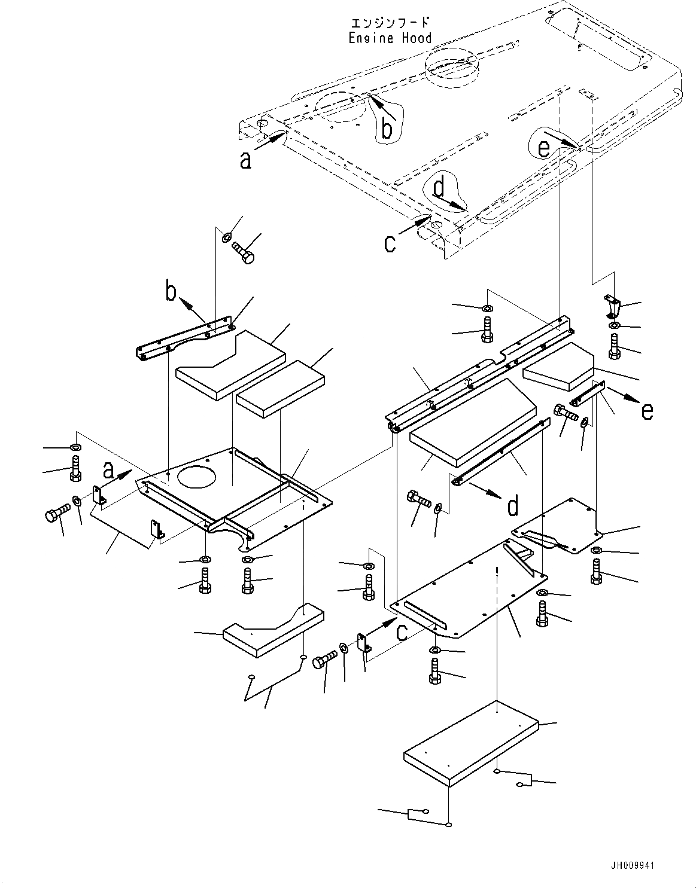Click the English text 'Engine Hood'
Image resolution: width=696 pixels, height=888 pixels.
390,38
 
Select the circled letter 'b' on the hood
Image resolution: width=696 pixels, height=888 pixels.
387,128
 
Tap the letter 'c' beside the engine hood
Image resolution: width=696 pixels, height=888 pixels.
390,243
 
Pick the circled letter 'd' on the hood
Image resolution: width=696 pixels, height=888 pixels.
439,189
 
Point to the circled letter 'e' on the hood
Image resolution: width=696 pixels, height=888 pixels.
543,147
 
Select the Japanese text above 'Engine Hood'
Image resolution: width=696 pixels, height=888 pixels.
390,23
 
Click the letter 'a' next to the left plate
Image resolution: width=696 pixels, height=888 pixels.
108,471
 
